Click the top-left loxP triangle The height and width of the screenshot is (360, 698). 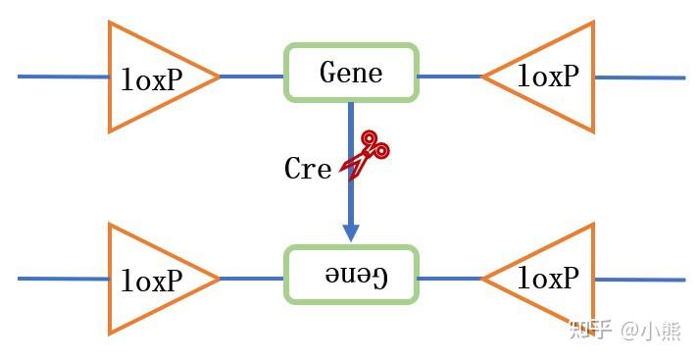[147, 76]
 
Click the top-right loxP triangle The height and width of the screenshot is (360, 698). [554, 77]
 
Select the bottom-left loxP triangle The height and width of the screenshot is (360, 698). [147, 279]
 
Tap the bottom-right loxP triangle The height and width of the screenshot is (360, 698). [554, 279]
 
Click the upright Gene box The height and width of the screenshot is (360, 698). [350, 73]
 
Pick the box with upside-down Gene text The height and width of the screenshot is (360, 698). [350, 275]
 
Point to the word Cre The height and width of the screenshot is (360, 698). [308, 169]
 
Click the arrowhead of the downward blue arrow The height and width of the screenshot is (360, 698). [350, 232]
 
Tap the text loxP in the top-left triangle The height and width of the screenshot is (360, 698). [152, 79]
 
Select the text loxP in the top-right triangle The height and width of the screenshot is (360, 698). [548, 77]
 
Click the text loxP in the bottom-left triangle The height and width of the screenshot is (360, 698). [152, 281]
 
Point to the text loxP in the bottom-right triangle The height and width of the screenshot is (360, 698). [548, 279]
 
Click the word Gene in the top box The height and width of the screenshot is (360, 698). [351, 73]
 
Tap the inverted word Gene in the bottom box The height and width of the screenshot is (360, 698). [356, 276]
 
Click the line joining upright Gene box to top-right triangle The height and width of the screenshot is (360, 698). [449, 77]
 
